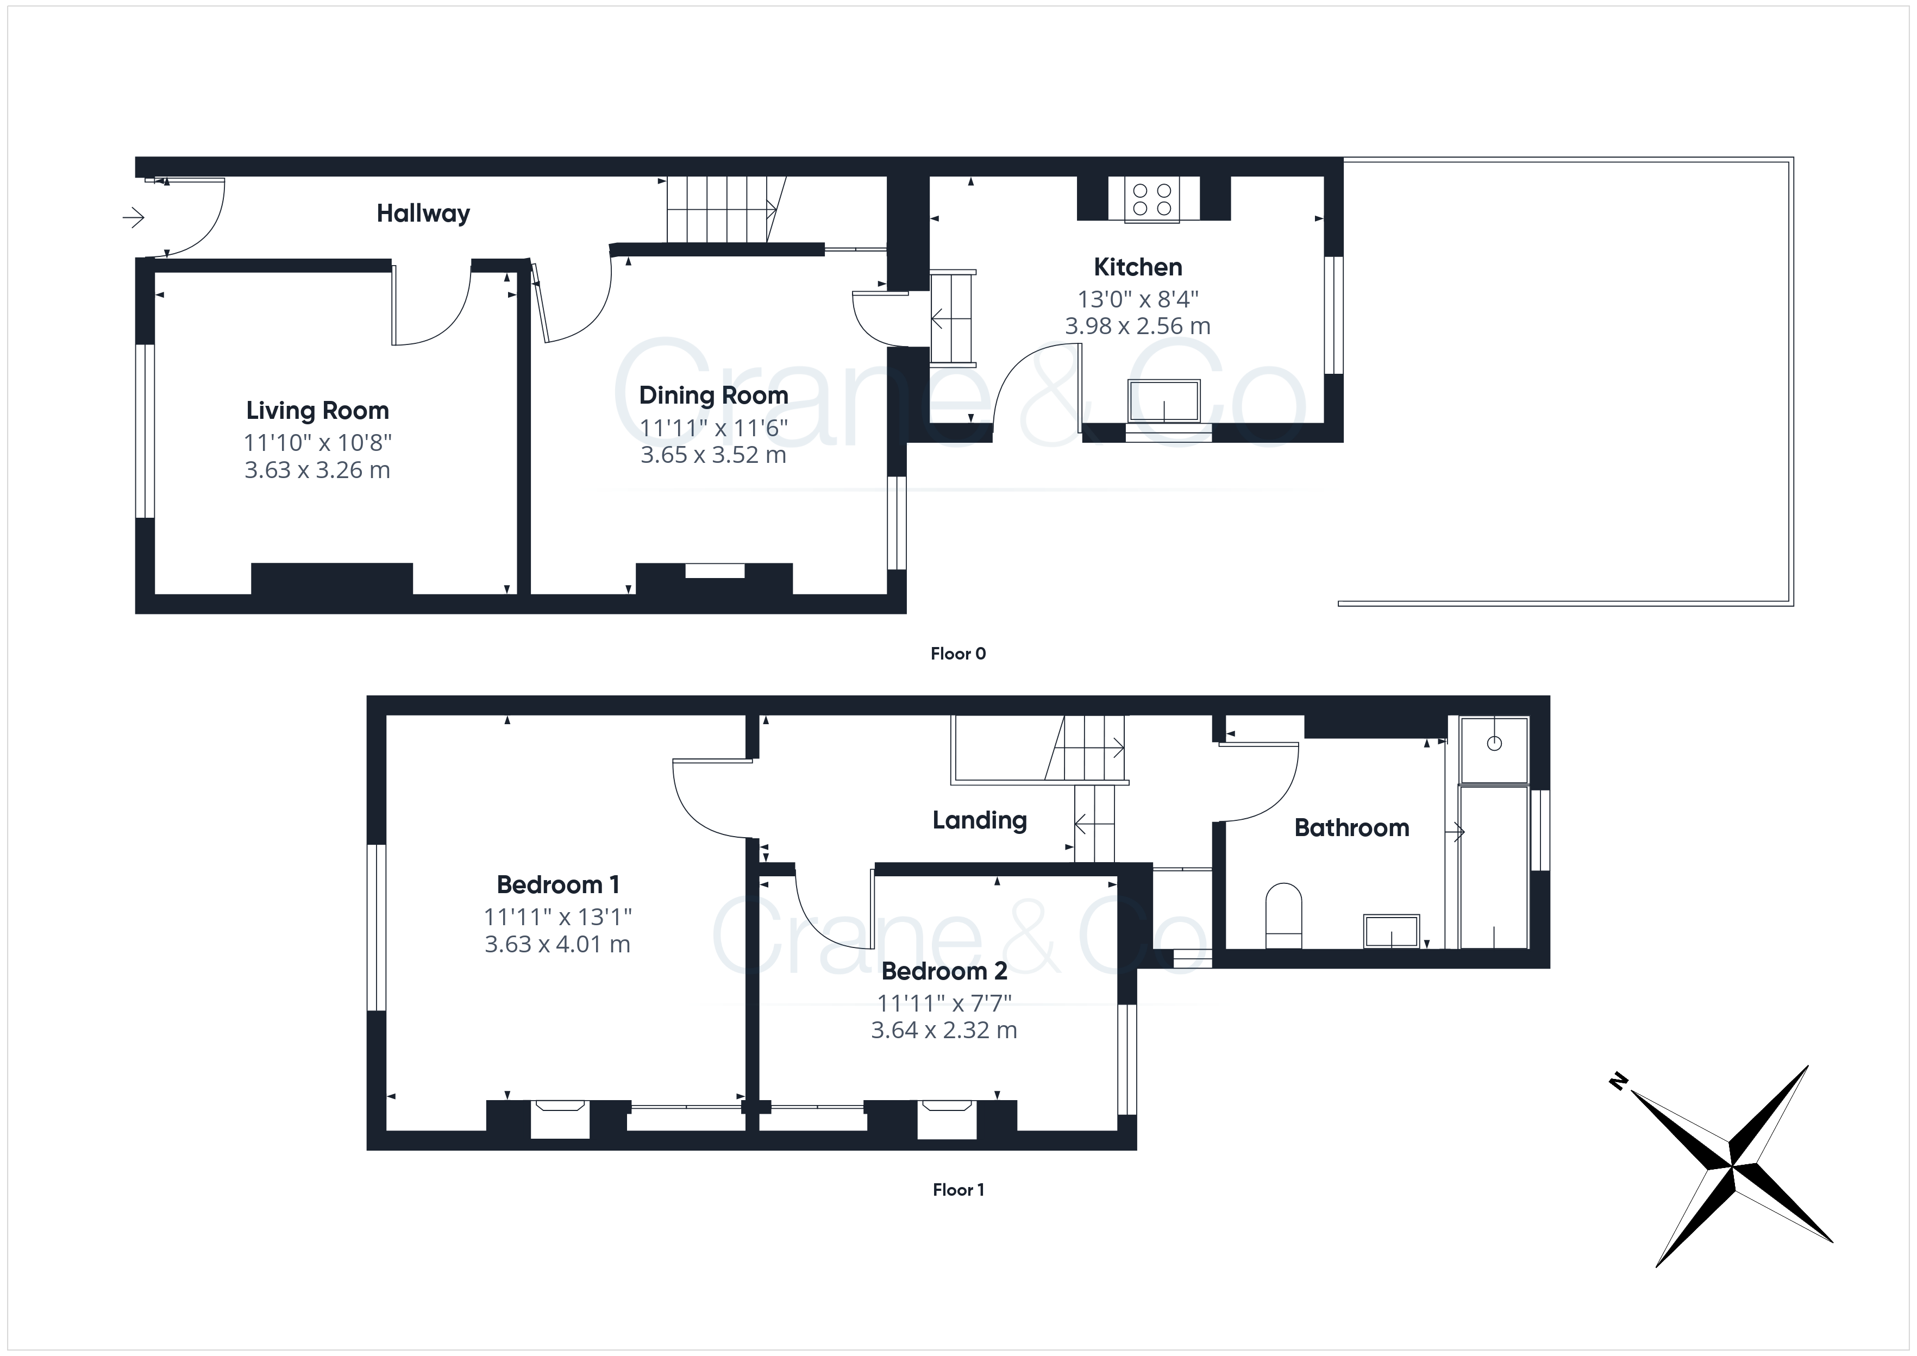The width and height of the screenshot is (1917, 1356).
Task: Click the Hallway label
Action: click(423, 214)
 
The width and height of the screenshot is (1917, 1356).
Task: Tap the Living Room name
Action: click(317, 411)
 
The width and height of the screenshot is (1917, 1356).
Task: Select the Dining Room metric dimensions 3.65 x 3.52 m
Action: click(713, 455)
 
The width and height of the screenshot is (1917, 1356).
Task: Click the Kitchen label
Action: click(1138, 267)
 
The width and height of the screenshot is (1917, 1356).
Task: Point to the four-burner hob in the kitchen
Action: click(1152, 199)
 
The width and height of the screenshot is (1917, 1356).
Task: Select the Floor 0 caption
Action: click(958, 654)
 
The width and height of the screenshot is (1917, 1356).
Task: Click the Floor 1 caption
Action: click(958, 1190)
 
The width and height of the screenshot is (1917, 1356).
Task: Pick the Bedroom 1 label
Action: click(557, 884)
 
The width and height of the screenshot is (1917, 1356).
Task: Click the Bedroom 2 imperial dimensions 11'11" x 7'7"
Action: click(944, 1003)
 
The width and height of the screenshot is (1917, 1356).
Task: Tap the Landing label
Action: click(979, 821)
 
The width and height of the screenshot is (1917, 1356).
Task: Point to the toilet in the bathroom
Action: click(1284, 916)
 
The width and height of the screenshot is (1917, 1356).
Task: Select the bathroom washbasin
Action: click(1391, 931)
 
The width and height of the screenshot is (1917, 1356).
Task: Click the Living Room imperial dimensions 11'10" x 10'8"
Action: click(317, 443)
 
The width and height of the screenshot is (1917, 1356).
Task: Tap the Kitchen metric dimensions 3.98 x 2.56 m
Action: click(1137, 325)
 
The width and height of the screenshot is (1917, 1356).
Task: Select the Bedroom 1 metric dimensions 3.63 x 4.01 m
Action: click(557, 944)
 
